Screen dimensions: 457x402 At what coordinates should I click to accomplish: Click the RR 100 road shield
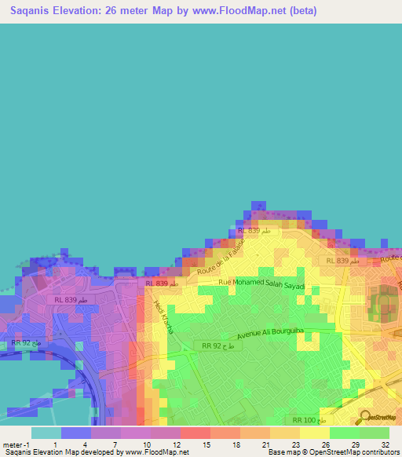pos(308,422)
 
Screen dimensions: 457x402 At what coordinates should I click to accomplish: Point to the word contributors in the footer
pos(381,453)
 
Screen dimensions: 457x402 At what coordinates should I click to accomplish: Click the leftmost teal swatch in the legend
pos(46,433)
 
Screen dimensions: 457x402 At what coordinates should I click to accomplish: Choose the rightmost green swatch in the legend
pos(374,433)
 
